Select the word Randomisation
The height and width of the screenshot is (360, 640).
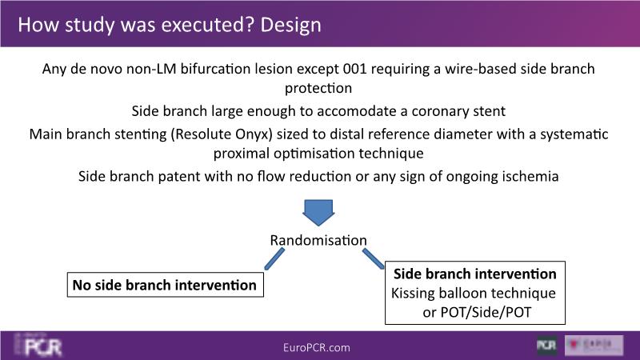click(318, 240)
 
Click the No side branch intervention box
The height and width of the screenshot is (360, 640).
click(165, 285)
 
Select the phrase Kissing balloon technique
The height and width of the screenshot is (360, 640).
click(473, 293)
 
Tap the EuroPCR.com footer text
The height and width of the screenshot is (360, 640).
click(317, 347)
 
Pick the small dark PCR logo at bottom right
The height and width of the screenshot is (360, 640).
click(546, 346)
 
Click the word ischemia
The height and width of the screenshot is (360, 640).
click(531, 176)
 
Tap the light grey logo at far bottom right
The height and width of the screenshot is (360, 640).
click(594, 346)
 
